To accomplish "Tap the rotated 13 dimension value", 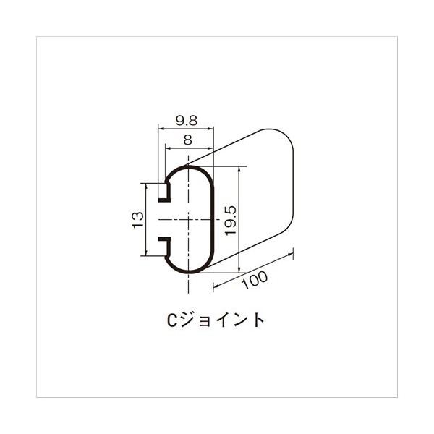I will (137, 219).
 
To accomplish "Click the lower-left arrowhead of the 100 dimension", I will (216, 286).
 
